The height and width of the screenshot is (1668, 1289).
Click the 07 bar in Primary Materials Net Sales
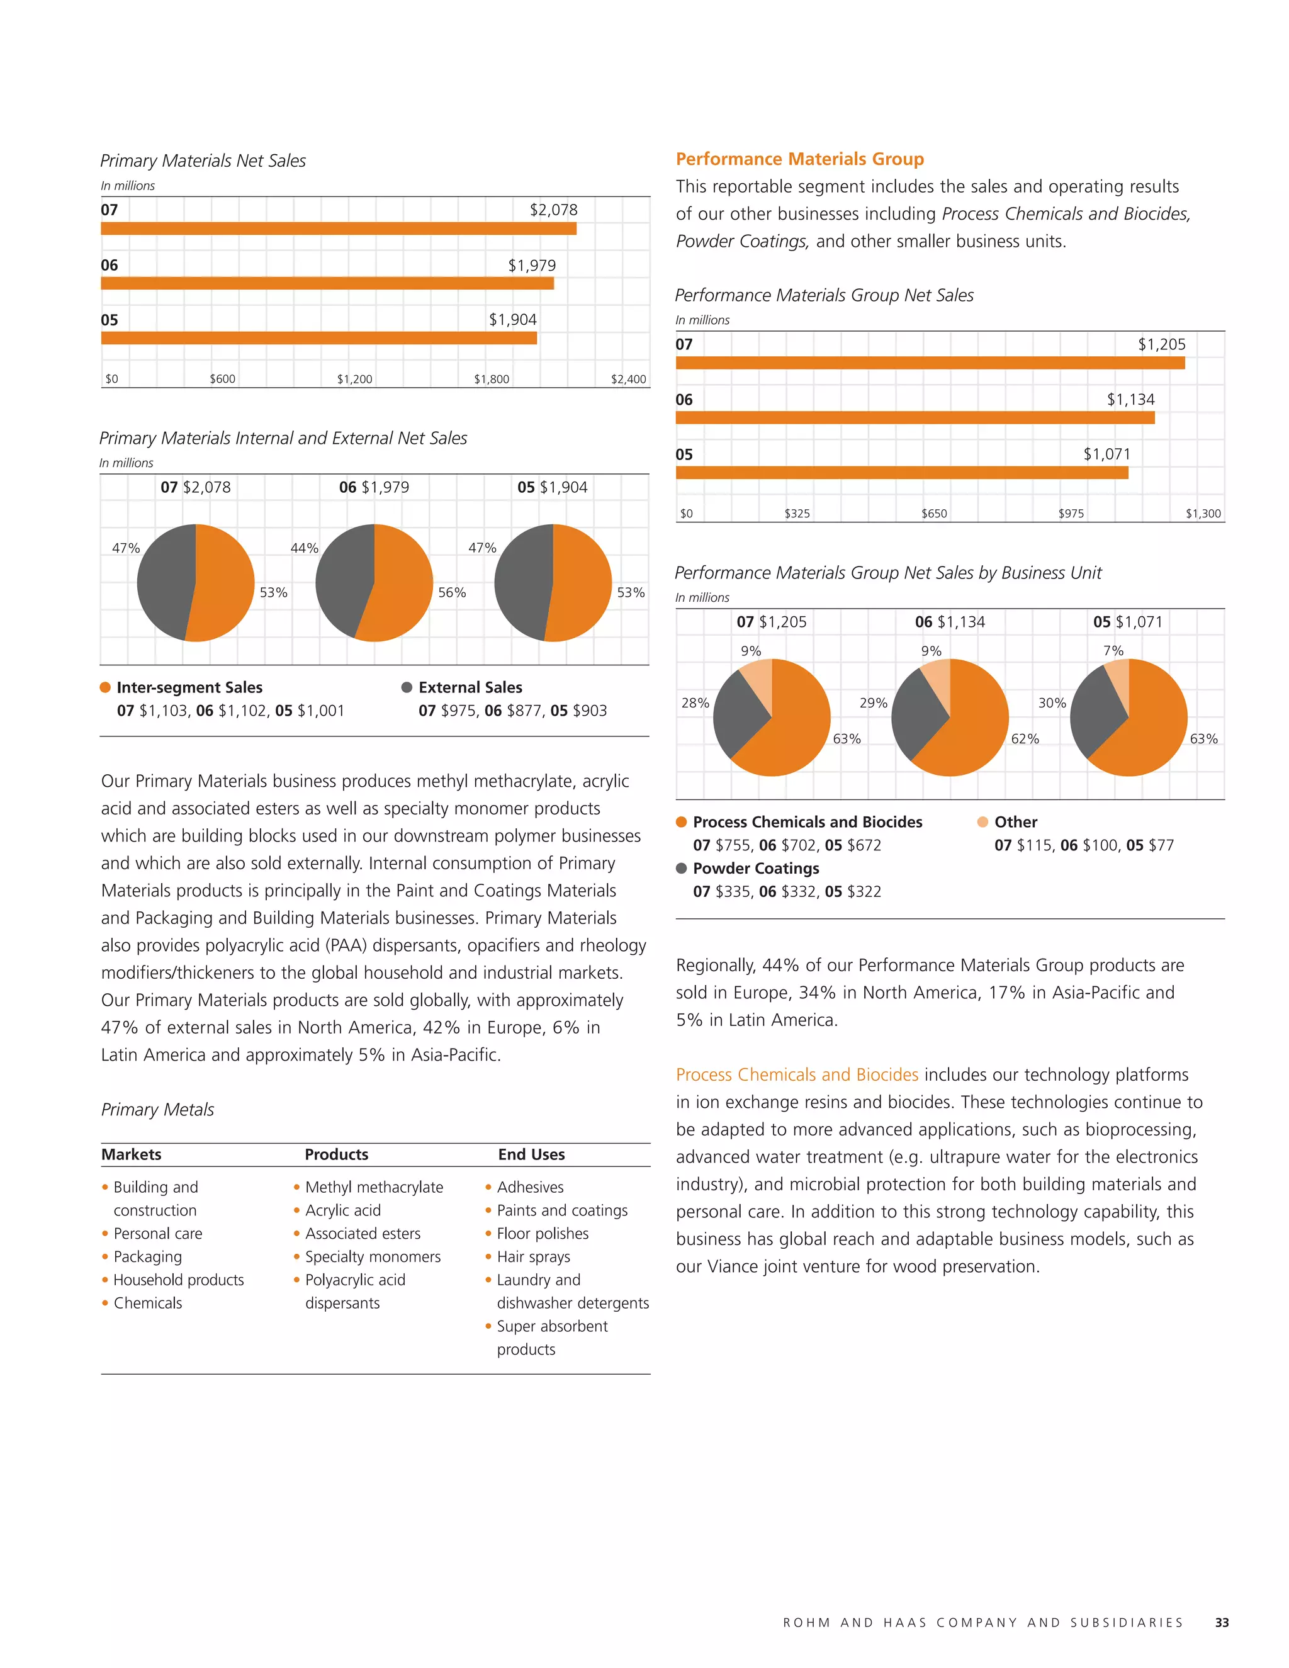point(338,228)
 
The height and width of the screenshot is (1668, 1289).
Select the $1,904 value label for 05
point(512,319)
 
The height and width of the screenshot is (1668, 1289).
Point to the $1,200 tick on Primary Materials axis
point(354,379)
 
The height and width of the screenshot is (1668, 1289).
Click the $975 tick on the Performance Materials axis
point(1071,513)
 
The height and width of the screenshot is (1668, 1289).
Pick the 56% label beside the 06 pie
point(451,593)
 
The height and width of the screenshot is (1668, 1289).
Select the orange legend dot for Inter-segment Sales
point(105,687)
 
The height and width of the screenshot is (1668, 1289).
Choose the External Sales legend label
point(470,687)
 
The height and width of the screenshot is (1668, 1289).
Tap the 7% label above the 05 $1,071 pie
point(1113,651)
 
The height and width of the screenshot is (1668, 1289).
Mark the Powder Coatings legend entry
point(755,869)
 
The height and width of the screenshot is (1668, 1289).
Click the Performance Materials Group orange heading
point(799,159)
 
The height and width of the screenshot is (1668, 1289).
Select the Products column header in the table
point(336,1154)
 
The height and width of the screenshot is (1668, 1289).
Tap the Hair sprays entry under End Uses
point(533,1256)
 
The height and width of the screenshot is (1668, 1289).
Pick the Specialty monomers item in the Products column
point(373,1256)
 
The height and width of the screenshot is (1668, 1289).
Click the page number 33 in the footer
point(1221,1622)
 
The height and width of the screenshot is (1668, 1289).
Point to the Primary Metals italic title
point(157,1109)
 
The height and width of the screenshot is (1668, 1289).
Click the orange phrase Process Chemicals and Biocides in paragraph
point(796,1074)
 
